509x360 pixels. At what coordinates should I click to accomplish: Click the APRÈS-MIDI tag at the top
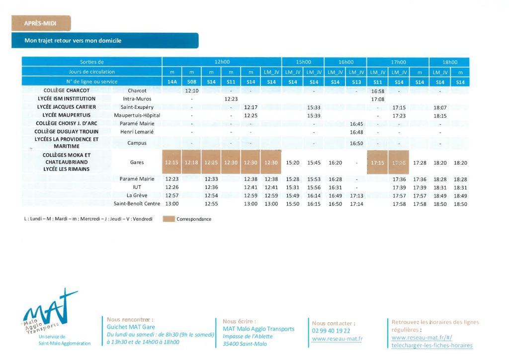41,23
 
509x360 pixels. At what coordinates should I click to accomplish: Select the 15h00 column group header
303,62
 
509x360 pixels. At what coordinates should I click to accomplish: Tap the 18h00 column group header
450,62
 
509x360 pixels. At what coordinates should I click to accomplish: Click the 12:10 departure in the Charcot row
191,91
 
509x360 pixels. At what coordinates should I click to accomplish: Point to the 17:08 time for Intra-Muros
378,99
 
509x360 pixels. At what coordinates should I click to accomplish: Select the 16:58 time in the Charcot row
378,91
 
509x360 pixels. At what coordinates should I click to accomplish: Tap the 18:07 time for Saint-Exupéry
440,107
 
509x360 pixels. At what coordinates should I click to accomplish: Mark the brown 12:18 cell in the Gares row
191,163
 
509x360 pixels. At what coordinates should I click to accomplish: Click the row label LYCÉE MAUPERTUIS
67,115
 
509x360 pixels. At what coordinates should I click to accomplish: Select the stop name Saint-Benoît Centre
137,204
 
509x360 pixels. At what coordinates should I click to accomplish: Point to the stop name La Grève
137,195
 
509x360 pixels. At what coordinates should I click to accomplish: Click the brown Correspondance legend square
169,219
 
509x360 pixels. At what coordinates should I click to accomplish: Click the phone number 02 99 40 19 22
331,331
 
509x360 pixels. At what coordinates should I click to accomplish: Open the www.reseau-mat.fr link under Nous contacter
337,339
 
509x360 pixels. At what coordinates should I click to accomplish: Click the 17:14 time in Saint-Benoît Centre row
356,204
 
